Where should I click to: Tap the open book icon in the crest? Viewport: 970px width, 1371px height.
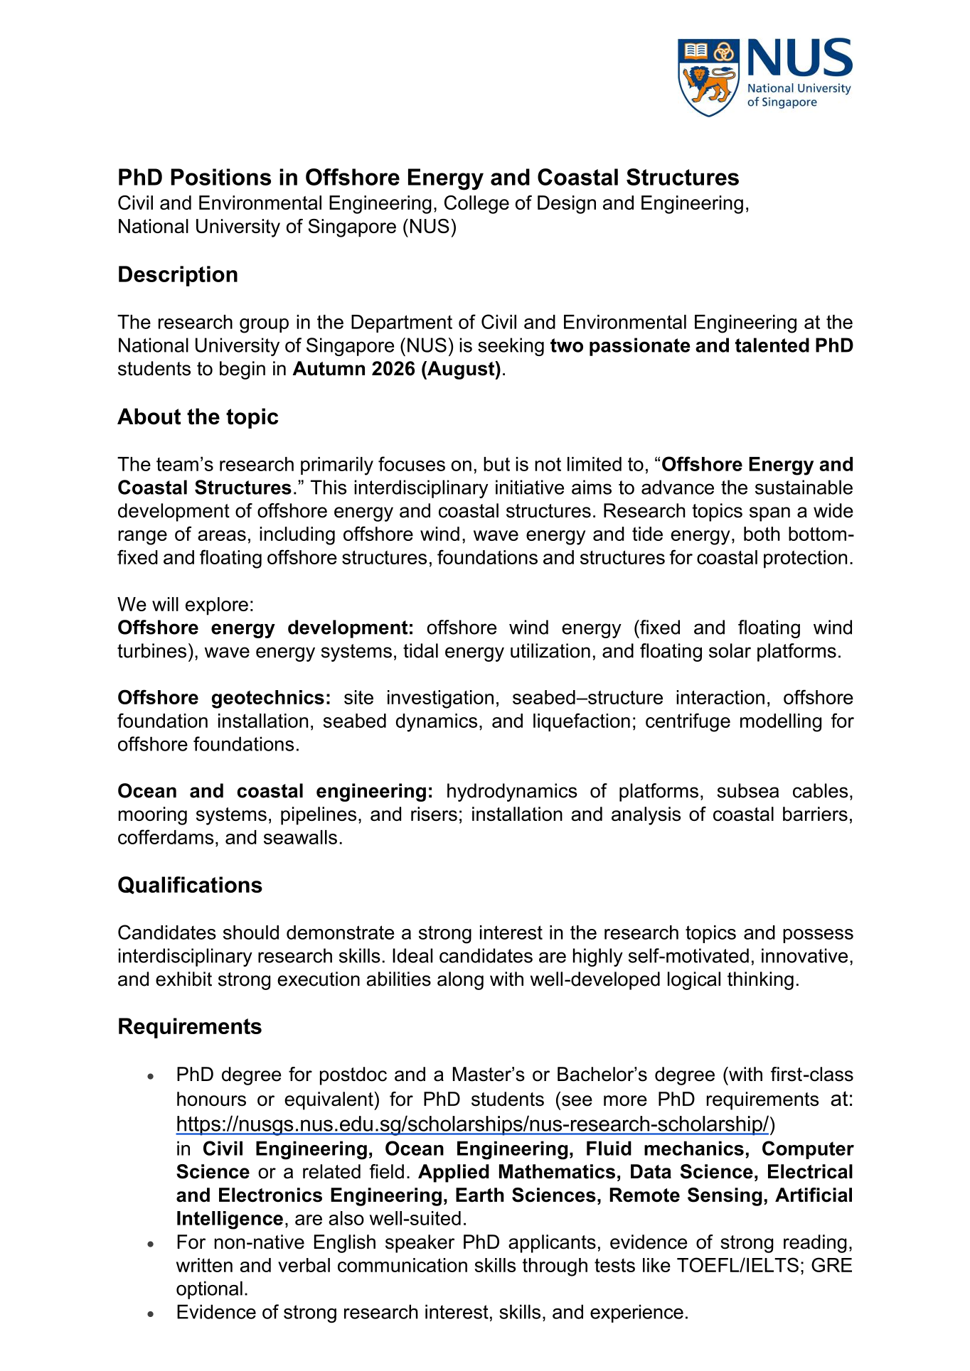click(x=695, y=51)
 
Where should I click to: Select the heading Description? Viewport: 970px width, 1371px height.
click(x=177, y=274)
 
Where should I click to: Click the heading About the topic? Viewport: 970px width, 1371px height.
click(x=198, y=416)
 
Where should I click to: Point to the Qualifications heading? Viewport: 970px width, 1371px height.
click(x=189, y=885)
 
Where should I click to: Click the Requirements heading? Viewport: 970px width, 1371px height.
click(x=189, y=1026)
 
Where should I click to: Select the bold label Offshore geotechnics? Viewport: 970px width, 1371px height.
click(x=224, y=698)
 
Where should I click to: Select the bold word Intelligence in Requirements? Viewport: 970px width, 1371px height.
click(x=229, y=1218)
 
